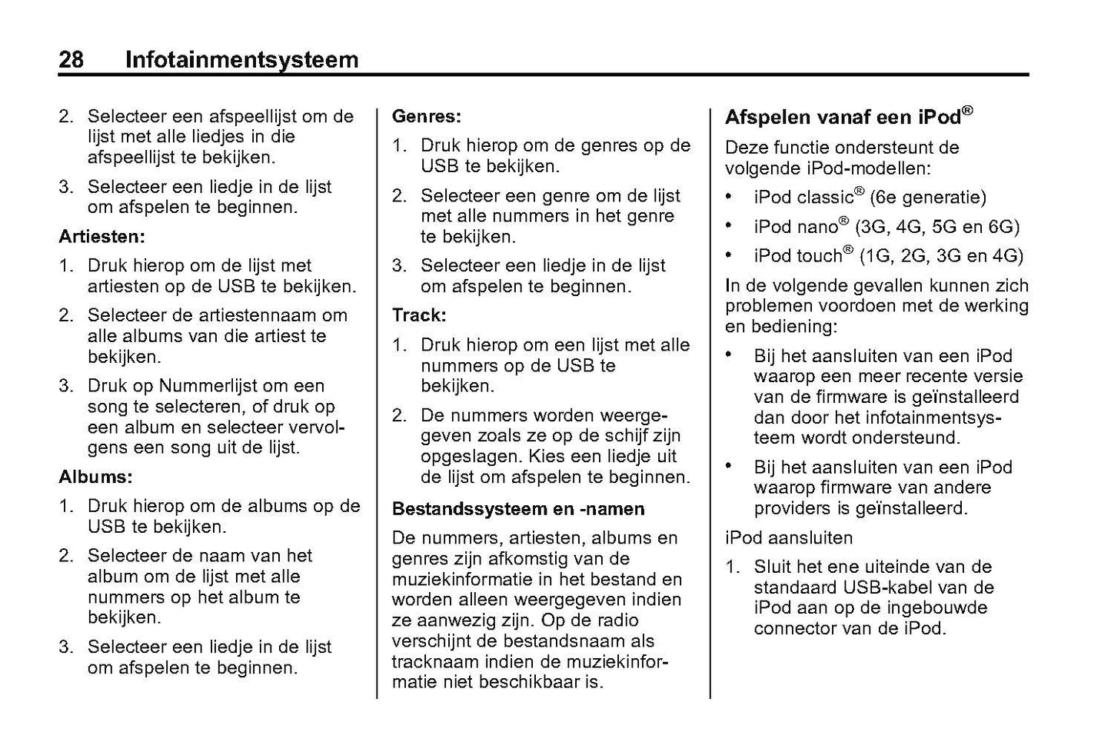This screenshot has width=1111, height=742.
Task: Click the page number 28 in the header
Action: point(72,59)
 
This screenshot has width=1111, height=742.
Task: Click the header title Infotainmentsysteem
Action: point(241,59)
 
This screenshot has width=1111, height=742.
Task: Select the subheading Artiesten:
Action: point(102,236)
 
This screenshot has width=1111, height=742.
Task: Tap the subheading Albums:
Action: point(95,477)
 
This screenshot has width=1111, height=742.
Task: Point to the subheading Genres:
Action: point(426,116)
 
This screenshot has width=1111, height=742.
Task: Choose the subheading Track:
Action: point(418,315)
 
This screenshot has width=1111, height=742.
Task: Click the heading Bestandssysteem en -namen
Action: point(517,509)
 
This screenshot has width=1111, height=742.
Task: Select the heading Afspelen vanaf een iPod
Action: point(848,117)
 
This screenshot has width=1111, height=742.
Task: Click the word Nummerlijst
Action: point(209,386)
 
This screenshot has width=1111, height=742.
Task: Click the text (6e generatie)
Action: point(927,198)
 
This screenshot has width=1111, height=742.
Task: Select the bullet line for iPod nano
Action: point(886,227)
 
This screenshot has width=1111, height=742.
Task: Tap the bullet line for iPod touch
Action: point(888,256)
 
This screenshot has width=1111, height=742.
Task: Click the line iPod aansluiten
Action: point(788,537)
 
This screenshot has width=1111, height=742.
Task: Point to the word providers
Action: point(792,508)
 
